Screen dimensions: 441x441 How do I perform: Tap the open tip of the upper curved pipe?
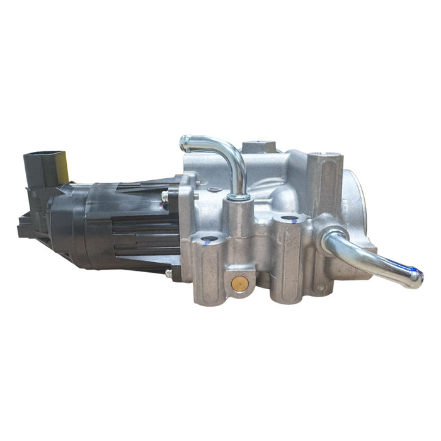click(185, 143)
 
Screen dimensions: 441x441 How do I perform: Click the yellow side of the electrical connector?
click(63, 164)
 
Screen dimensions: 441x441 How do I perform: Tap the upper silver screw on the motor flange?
click(165, 196)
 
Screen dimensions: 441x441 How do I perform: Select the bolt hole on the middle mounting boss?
click(289, 220)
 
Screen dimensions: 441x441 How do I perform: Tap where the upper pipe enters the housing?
click(238, 196)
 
